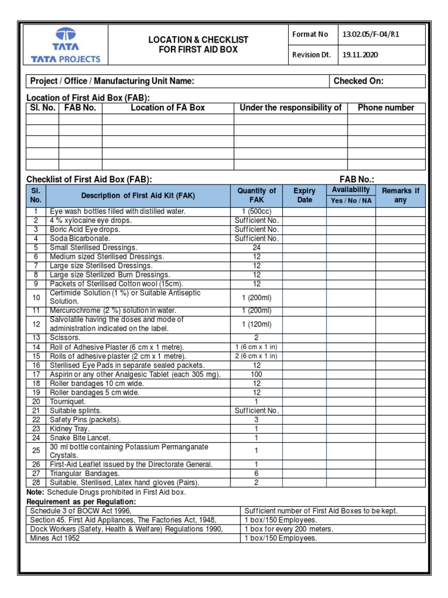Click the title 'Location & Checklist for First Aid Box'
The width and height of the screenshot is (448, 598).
pos(198,44)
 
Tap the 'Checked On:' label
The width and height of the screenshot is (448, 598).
pos(358,81)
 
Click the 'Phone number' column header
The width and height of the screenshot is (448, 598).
pos(386,107)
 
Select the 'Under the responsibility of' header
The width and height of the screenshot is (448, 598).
pos(290,107)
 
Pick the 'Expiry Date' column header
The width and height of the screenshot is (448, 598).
pos(304,195)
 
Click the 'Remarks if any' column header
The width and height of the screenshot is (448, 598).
pos(400,195)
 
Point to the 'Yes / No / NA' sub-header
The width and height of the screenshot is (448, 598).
pos(351,200)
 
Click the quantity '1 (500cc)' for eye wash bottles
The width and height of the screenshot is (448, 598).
pos(257,211)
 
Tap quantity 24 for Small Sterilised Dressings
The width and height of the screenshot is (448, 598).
pos(257,248)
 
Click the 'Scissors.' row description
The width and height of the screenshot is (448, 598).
pos(65,338)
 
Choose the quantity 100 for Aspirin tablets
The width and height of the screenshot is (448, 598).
pos(257,374)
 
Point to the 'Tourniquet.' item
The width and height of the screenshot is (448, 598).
pos(68,402)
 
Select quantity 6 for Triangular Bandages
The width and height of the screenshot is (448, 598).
pos(257,474)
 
